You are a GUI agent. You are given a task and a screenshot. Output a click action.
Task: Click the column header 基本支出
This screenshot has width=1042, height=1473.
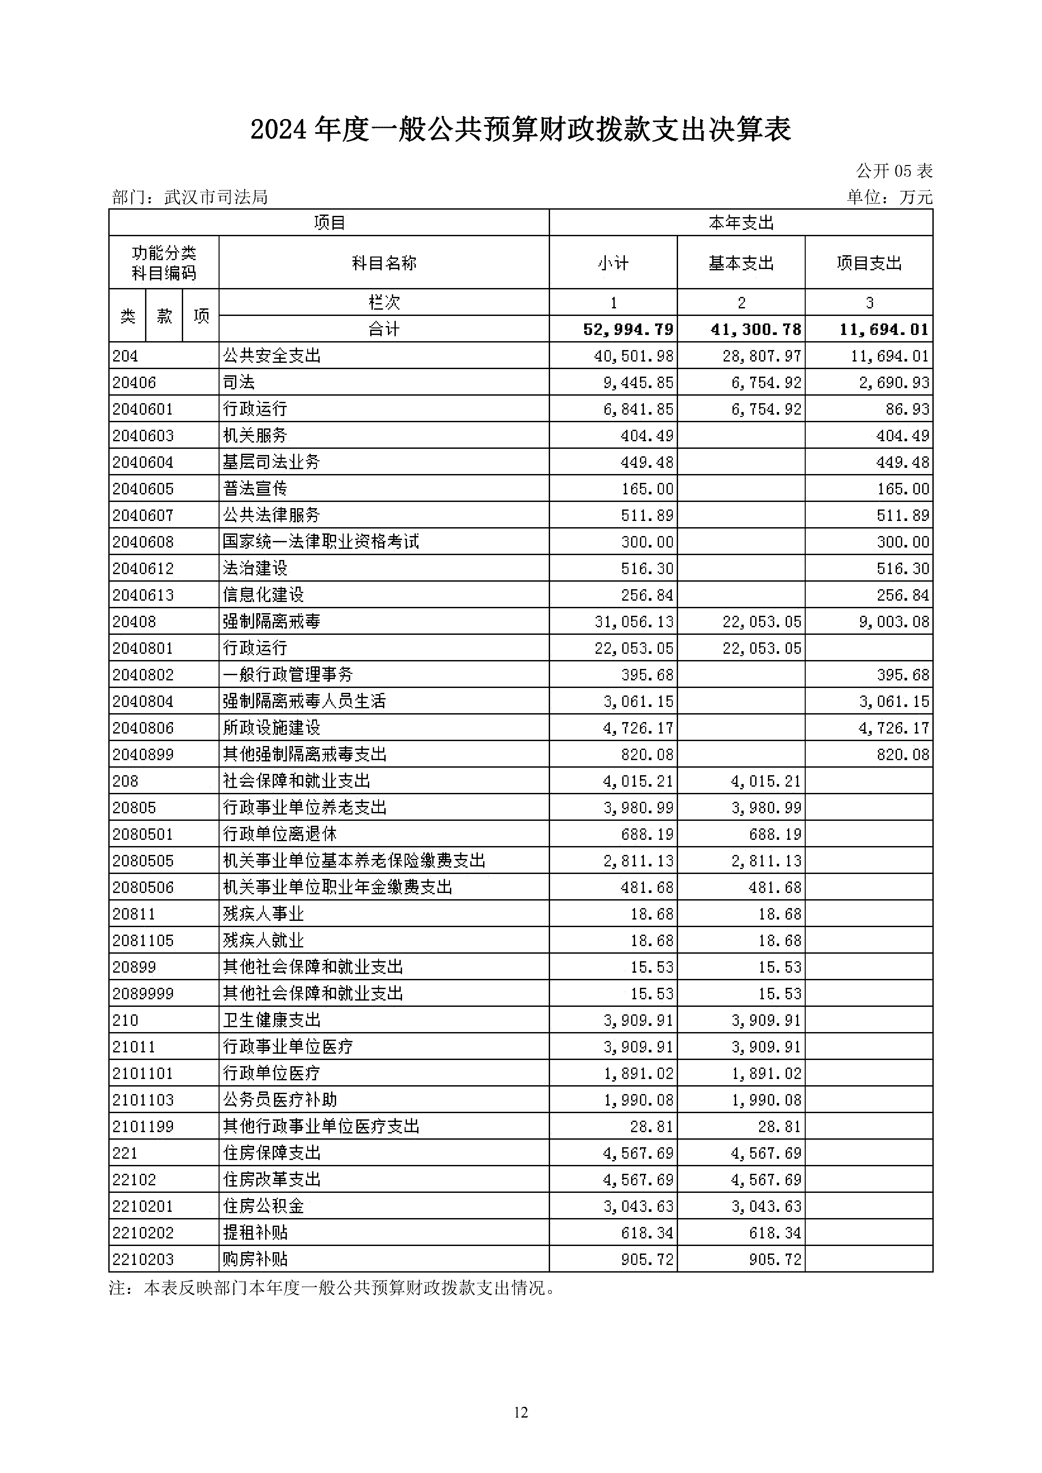(741, 263)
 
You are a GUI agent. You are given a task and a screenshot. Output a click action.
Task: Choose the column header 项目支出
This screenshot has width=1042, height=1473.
(869, 263)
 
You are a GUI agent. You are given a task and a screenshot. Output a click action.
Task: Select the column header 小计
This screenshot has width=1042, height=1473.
(613, 263)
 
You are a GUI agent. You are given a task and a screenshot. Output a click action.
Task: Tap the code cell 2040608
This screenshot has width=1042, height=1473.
(143, 542)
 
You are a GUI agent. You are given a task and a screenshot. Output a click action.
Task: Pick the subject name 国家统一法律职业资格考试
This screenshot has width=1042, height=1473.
(320, 542)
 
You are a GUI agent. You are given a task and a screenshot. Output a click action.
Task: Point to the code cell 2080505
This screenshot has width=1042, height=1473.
(143, 860)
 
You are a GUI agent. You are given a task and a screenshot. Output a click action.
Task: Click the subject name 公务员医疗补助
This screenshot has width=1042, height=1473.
(280, 1100)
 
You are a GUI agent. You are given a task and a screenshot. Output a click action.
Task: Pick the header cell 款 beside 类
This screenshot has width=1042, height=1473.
(164, 316)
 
